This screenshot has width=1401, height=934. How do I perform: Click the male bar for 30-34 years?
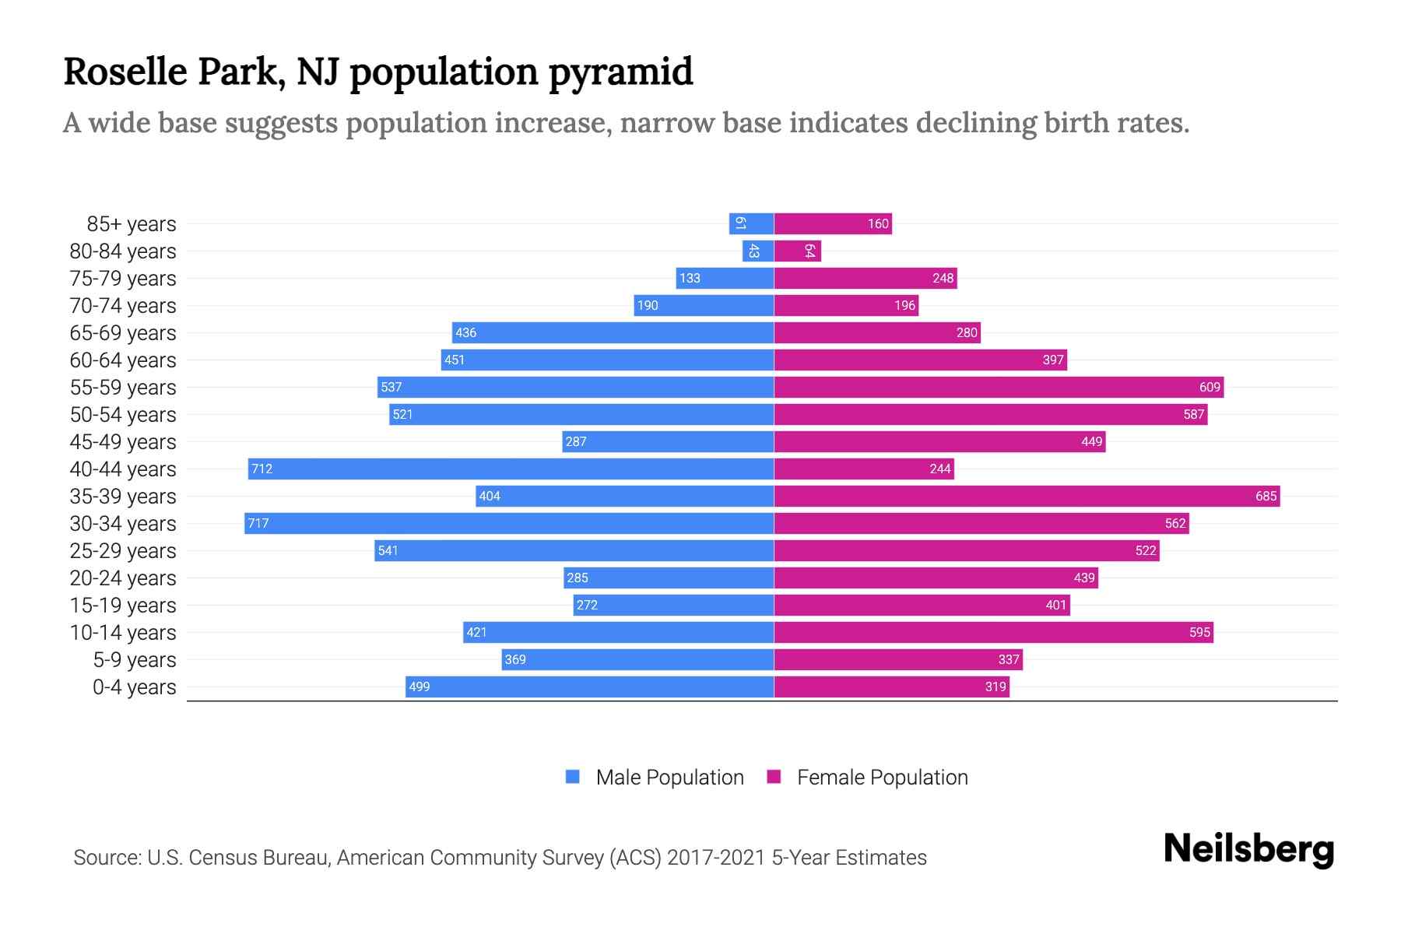click(509, 523)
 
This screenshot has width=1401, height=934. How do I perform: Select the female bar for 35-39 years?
click(1027, 496)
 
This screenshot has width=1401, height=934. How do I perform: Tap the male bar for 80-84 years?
click(757, 251)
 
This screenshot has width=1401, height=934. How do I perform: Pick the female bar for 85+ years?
click(833, 223)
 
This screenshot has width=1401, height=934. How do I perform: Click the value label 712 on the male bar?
click(262, 469)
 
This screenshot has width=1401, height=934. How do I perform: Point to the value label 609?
click(1210, 387)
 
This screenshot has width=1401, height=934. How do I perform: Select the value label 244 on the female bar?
click(939, 469)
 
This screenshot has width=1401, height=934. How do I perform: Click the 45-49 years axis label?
click(123, 441)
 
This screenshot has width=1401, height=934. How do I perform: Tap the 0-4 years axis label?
click(134, 686)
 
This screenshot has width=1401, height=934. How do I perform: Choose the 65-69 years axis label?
click(123, 332)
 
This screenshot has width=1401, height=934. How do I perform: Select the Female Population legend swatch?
click(774, 777)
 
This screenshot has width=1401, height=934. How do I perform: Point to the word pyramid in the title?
click(620, 72)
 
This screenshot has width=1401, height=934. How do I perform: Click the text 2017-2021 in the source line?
click(716, 857)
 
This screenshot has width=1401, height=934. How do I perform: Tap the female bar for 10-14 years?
click(993, 632)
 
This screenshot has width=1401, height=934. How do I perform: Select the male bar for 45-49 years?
click(668, 441)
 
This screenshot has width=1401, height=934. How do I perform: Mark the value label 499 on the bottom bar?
click(419, 686)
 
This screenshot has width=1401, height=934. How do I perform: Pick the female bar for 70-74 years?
click(846, 305)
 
